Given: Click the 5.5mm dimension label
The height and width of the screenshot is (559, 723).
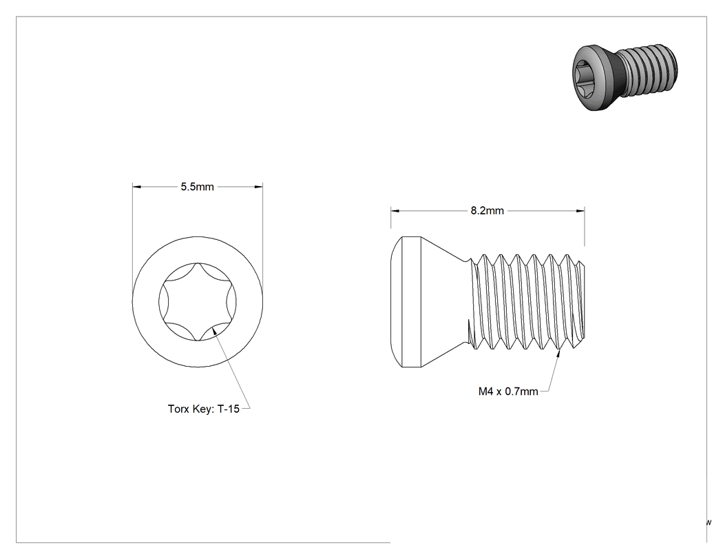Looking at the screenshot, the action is click(197, 187).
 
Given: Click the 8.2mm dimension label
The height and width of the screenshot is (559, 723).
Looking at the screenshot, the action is click(487, 211).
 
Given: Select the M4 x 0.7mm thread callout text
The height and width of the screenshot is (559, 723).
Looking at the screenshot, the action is click(508, 392).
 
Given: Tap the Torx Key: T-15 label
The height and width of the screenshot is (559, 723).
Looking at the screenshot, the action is click(203, 409).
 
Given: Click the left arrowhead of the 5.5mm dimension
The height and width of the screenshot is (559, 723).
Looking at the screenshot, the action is click(136, 187).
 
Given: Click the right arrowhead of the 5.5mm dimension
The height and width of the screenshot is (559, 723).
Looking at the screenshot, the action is click(259, 187).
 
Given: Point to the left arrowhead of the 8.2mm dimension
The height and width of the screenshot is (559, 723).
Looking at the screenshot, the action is click(395, 211).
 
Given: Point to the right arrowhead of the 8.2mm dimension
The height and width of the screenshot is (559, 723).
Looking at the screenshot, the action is click(580, 211).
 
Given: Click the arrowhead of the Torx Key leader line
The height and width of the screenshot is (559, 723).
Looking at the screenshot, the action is click(215, 332).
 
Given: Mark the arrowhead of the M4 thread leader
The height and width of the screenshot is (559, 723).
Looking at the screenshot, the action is click(559, 354).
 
